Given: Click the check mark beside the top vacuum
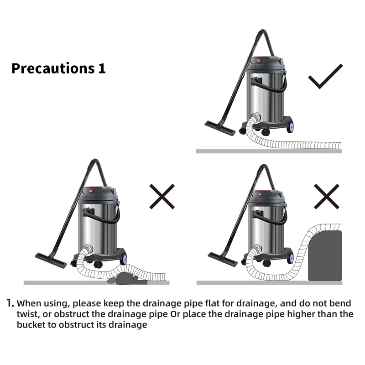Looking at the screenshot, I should point(325,77).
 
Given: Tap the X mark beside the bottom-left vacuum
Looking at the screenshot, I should point(162,196).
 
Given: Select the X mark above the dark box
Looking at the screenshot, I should point(327,196).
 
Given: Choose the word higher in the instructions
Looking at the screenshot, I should point(306,314).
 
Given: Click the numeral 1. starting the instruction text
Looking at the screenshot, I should point(10,303).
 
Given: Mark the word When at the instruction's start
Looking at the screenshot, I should point(29,303).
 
